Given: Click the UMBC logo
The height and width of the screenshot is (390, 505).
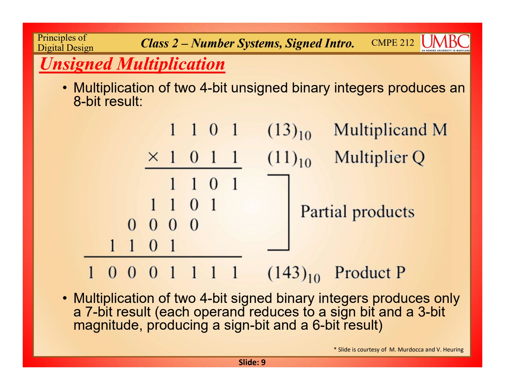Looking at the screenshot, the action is point(445,43).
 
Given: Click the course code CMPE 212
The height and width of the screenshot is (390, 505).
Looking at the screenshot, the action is point(393,43).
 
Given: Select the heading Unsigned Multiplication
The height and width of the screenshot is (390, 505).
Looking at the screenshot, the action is point(132,64).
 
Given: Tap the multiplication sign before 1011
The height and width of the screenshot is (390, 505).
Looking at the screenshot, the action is point(153,157).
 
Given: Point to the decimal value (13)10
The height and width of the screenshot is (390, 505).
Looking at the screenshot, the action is point(289,131).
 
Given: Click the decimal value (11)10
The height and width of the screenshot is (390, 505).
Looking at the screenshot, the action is point(289,159).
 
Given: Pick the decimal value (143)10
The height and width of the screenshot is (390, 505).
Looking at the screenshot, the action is point(294,274).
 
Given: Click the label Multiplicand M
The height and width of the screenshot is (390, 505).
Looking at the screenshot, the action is point(390,130).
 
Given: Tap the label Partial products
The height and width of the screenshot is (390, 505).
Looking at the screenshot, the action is point(357,212).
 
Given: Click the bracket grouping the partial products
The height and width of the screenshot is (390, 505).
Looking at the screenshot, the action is point(288,212).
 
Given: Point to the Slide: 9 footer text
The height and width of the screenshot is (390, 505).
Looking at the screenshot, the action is point(252,362).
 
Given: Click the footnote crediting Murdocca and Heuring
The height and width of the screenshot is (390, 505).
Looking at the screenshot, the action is point(398,349).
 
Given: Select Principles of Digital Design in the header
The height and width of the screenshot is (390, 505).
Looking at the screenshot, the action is point(65,43).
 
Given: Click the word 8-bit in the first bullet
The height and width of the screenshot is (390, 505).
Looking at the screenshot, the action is point(87,102).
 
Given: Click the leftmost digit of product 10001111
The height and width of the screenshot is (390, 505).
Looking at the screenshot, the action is point(91,273).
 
